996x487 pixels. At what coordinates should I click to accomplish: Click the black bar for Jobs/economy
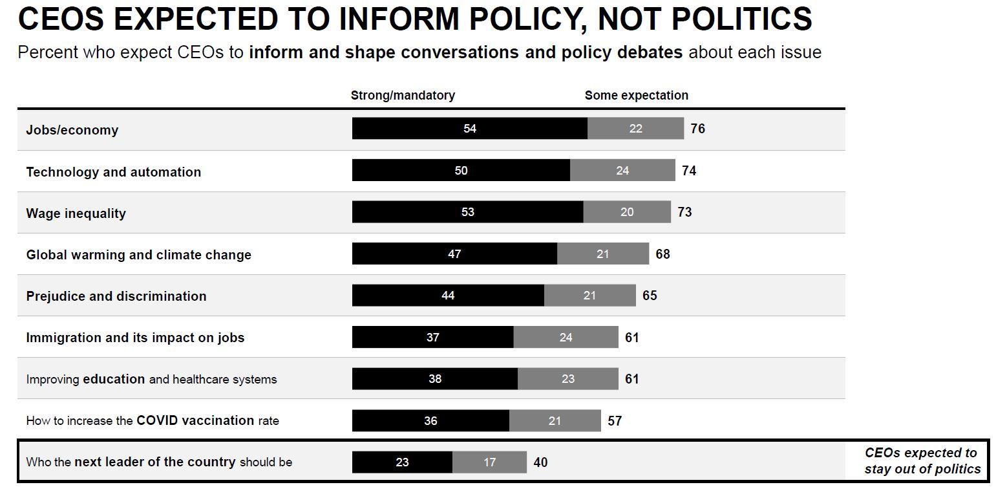(x=469, y=129)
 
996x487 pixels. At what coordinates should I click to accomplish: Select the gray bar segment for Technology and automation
(x=622, y=171)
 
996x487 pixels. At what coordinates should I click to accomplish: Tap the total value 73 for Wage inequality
(x=684, y=212)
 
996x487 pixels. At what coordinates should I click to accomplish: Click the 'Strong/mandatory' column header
(x=403, y=96)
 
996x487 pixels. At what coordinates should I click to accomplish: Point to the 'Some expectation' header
(x=636, y=96)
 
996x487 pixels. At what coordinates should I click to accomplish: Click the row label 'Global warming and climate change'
(x=138, y=255)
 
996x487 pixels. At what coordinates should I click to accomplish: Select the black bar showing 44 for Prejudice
(x=448, y=296)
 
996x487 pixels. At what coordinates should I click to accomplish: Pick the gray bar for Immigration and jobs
(x=566, y=338)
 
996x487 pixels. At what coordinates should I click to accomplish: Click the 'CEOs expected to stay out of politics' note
(x=922, y=461)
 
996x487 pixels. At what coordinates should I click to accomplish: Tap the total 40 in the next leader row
(x=540, y=462)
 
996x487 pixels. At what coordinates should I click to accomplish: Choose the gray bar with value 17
(x=489, y=462)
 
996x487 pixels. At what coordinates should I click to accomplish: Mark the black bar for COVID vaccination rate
(x=430, y=421)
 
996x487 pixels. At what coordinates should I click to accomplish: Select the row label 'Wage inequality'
(x=76, y=213)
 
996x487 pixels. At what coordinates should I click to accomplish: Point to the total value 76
(x=697, y=129)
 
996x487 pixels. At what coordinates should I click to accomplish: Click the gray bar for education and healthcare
(x=567, y=379)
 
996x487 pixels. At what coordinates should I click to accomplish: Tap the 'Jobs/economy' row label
(x=72, y=130)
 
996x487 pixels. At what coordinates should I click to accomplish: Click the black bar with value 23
(x=402, y=462)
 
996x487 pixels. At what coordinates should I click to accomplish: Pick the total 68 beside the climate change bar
(x=662, y=254)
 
